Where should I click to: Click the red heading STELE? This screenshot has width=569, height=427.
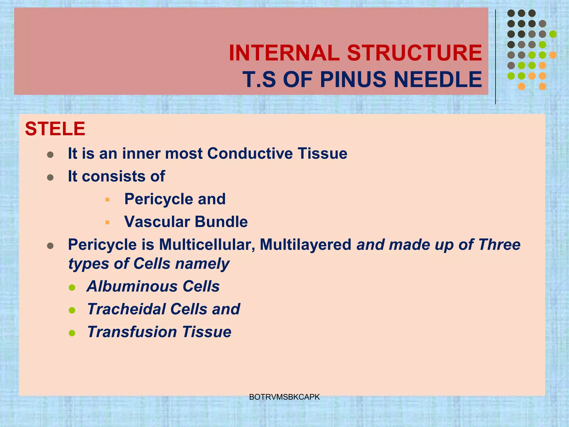55,129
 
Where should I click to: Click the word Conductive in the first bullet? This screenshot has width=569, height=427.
250,153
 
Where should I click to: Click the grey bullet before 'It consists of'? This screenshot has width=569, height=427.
50,177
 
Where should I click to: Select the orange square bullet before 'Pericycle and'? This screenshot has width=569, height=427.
107,200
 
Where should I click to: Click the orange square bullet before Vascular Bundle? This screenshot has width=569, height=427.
107,222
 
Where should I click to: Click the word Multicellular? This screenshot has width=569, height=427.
207,245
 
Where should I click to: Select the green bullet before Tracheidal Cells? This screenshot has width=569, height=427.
72,310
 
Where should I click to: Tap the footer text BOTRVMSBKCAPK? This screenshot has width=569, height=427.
284,397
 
